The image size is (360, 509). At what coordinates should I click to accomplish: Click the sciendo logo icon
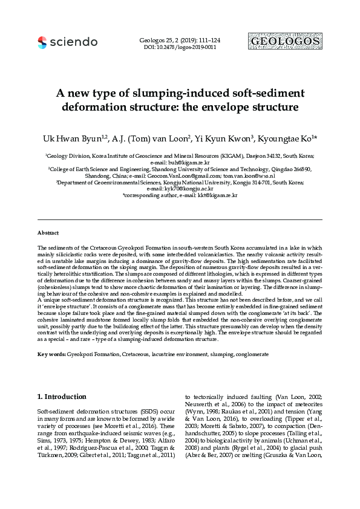click(42, 42)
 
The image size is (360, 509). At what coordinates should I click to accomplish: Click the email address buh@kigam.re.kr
click(191, 164)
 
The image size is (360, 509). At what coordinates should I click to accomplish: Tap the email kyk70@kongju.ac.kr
click(195, 188)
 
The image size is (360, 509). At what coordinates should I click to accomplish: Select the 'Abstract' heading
click(48, 233)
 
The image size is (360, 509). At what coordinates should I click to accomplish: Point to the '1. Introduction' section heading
click(62, 397)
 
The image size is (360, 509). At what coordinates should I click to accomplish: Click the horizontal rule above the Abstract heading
click(180, 219)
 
